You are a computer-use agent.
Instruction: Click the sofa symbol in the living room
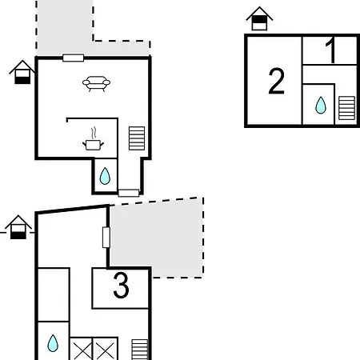click(x=96, y=84)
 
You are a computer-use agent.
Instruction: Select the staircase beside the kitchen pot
click(x=137, y=138)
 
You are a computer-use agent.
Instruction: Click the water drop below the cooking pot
click(x=105, y=176)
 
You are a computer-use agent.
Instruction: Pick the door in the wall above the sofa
click(x=74, y=58)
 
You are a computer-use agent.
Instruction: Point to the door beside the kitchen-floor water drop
click(x=129, y=193)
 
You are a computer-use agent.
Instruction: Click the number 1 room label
click(x=330, y=50)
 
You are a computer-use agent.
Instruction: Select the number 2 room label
click(x=276, y=81)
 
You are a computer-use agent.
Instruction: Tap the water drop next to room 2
click(x=321, y=105)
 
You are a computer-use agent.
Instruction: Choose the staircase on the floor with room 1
click(x=346, y=108)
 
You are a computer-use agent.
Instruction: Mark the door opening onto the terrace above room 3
click(x=106, y=238)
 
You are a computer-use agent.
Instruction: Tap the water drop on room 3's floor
click(x=53, y=343)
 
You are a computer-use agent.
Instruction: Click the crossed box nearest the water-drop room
click(x=81, y=349)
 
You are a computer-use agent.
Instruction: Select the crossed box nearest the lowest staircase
click(x=105, y=349)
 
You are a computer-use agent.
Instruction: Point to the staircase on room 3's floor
click(x=140, y=350)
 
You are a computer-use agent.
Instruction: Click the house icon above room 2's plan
click(x=259, y=18)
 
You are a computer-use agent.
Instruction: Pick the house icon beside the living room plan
click(x=22, y=72)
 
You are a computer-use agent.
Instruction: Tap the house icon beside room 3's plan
click(x=18, y=227)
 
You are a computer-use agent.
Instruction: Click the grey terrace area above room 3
click(x=157, y=238)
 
